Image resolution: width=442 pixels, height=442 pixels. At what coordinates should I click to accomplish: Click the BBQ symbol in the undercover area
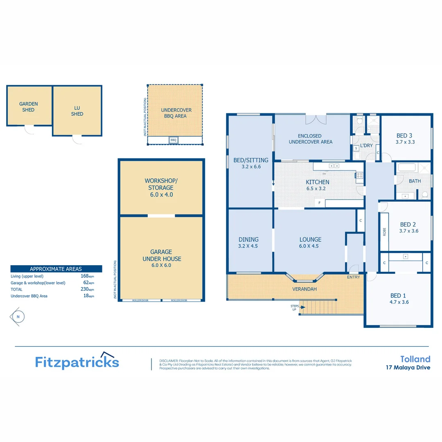[x=173, y=140]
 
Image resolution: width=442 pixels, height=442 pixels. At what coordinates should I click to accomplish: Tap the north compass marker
[x=17, y=316]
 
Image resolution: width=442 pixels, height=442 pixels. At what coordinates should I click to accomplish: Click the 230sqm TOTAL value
[x=87, y=289]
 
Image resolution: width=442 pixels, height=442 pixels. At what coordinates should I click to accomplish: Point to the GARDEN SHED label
[x=29, y=107]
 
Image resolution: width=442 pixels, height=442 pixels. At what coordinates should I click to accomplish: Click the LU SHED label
[x=77, y=111]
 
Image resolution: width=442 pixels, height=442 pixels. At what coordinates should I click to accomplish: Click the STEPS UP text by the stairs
[x=293, y=308]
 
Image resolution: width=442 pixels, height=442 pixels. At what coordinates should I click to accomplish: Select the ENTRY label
[x=353, y=277]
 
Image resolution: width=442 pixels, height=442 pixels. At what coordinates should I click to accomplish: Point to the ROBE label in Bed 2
[x=384, y=232]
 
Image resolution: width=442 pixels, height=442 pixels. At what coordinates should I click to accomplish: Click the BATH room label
[x=415, y=180]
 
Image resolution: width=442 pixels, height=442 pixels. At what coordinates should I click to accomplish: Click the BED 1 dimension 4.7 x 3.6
[x=399, y=302]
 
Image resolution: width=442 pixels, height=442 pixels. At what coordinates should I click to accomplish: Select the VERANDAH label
[x=304, y=289]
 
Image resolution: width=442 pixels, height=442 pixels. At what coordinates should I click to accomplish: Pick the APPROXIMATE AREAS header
[x=56, y=269]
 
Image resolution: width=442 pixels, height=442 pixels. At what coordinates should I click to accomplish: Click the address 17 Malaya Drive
[x=408, y=368]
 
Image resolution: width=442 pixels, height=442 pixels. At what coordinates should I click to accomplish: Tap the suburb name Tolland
[x=415, y=359]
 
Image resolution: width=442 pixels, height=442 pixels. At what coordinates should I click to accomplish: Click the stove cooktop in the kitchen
[x=359, y=176]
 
